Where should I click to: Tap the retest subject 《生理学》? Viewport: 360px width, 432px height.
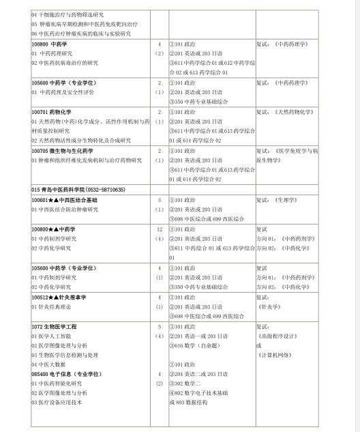coord(286,200)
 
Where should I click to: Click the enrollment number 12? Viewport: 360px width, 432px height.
coord(159,230)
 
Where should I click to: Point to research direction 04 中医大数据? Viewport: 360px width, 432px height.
coord(50,364)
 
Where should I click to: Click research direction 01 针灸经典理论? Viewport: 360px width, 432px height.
coord(54,307)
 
